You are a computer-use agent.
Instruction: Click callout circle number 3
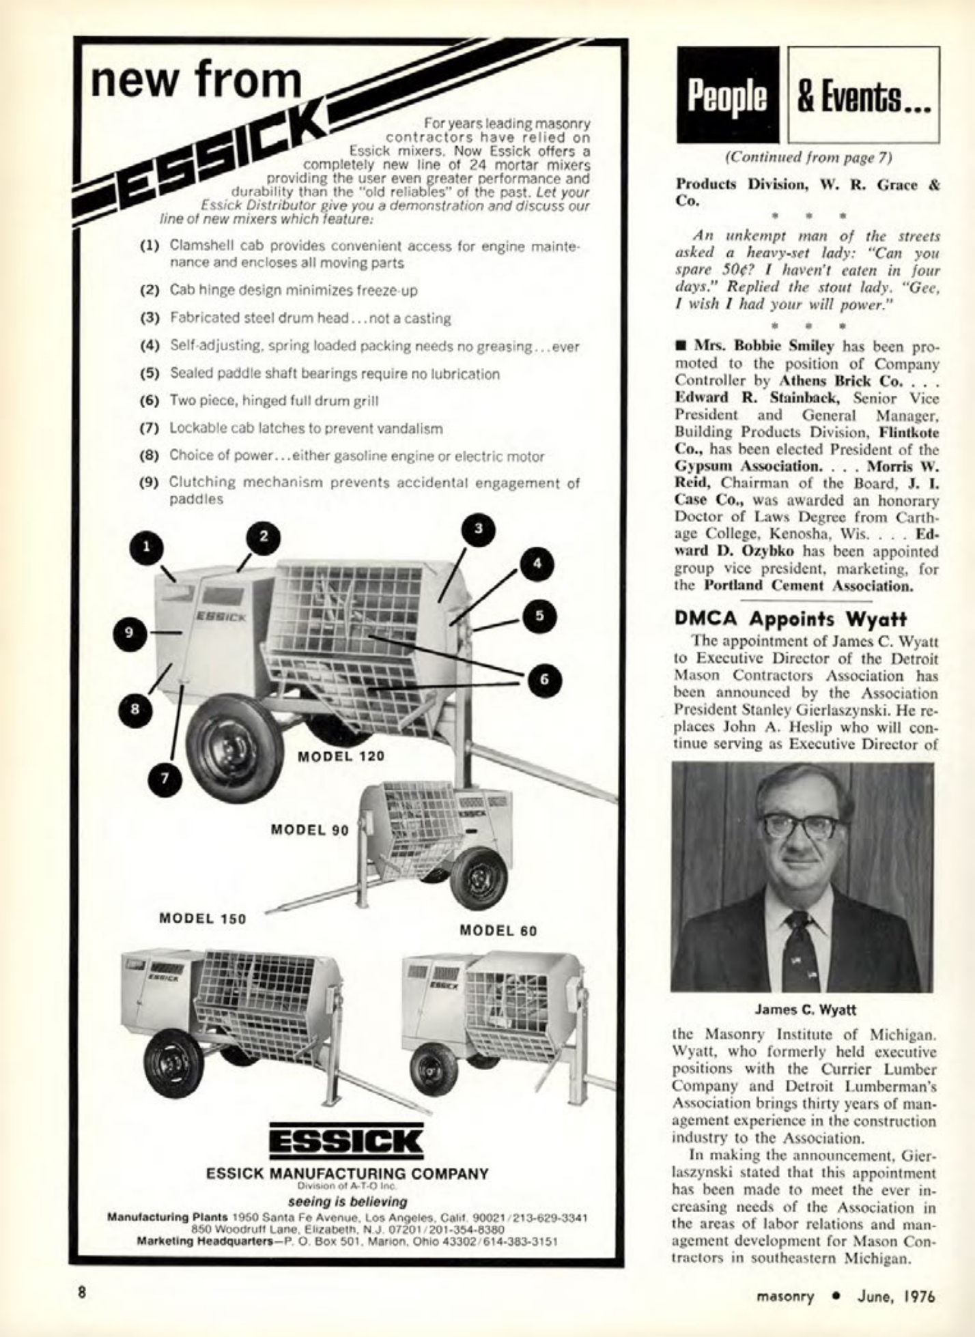479,529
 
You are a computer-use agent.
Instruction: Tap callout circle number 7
165,780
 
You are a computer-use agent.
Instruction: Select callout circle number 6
542,679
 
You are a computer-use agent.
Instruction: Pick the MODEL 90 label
310,830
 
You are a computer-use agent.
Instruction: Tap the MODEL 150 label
202,918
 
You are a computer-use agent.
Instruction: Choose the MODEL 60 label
498,930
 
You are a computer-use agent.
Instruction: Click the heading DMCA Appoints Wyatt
791,618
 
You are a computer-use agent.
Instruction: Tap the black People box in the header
727,96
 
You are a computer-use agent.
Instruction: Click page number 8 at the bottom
83,1293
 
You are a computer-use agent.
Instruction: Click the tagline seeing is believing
348,1201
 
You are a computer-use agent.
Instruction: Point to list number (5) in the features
150,374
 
